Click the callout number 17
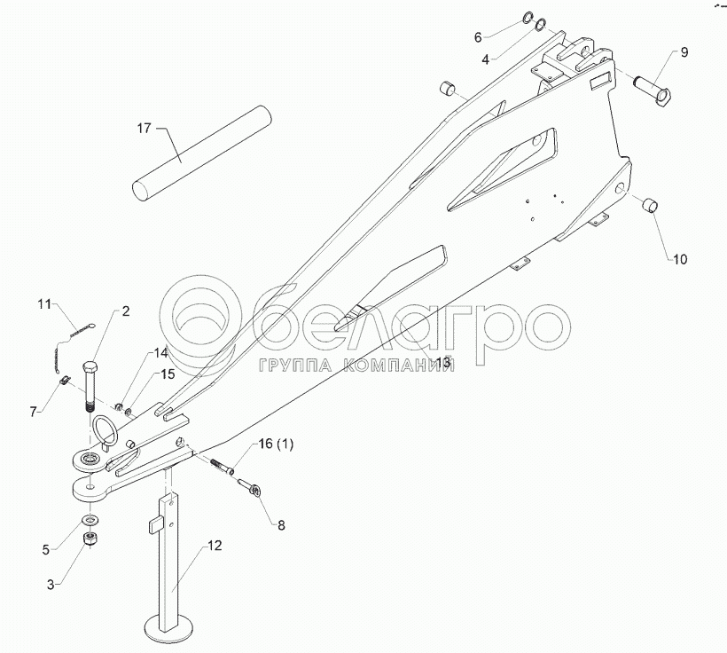click(145, 129)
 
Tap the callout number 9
click(684, 52)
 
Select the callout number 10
click(679, 260)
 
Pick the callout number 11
click(45, 305)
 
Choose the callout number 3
click(51, 583)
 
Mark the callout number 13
click(442, 362)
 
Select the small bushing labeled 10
click(650, 206)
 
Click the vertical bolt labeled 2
click(90, 387)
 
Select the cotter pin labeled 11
click(65, 342)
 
